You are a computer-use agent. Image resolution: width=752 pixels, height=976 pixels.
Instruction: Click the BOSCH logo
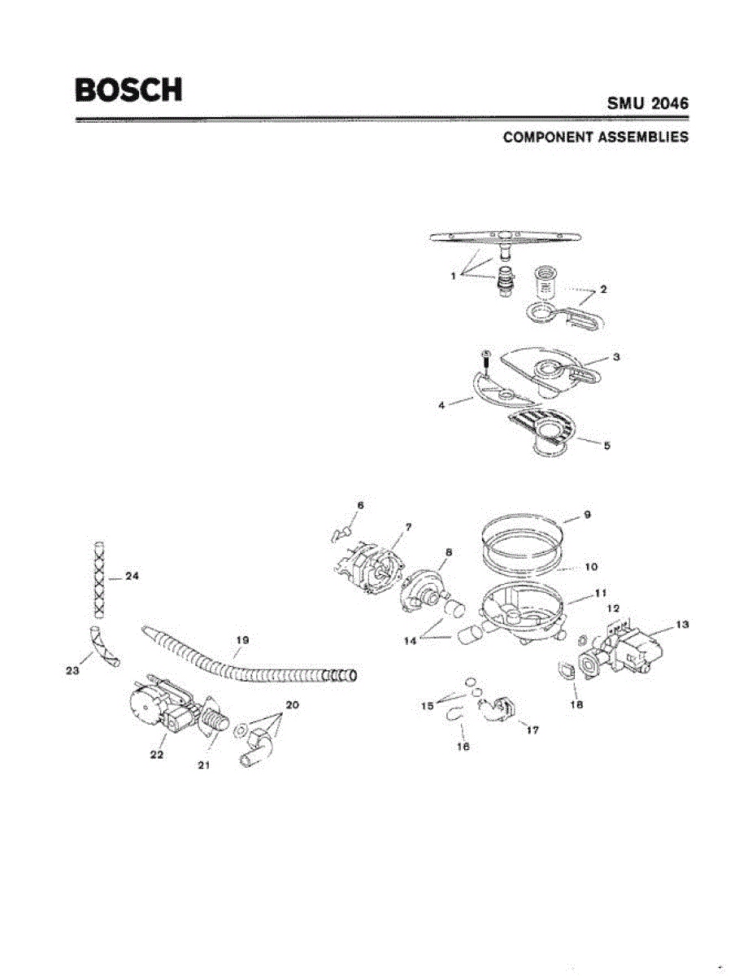tap(128, 89)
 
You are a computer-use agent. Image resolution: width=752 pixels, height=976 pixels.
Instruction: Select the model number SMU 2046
tap(647, 105)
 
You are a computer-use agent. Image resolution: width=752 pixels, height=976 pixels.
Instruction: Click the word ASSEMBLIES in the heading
tap(643, 137)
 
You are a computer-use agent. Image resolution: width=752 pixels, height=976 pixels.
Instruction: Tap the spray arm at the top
tap(504, 237)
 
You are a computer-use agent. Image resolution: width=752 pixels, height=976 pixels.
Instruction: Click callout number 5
tap(607, 445)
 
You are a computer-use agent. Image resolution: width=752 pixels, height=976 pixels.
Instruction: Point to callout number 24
tap(133, 577)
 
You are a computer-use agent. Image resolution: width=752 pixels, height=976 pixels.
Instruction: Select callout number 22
tap(157, 756)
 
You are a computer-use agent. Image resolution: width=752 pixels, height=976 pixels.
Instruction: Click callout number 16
tap(463, 745)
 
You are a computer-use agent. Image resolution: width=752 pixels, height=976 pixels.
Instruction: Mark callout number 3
tap(617, 356)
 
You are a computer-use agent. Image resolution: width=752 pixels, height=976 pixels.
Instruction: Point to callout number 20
tap(291, 706)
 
